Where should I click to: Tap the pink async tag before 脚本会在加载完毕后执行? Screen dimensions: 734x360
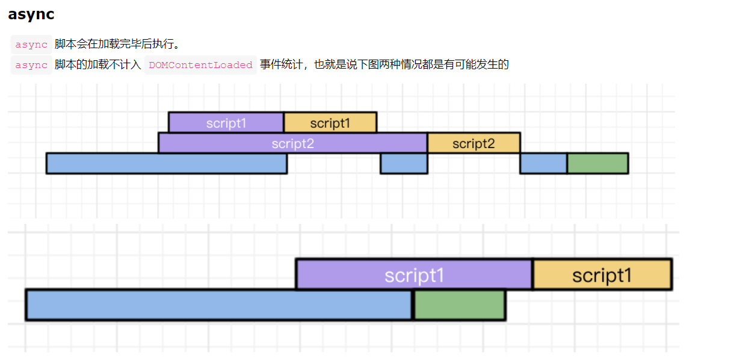31,45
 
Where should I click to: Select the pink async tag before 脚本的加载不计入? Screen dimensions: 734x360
31,65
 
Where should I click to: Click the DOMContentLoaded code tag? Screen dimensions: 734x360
200,65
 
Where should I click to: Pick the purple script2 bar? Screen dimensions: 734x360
293,143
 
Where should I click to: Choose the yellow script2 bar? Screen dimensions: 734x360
474,143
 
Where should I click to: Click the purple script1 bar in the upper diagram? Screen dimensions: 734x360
226,123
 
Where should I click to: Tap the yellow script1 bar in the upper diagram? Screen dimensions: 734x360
330,123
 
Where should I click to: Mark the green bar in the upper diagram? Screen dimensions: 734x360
598,163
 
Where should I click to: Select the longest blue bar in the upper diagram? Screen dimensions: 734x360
167,163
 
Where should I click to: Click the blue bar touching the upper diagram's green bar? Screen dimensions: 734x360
544,163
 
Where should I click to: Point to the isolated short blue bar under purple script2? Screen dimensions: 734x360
404,163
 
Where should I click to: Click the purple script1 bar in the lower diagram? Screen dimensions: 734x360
414,275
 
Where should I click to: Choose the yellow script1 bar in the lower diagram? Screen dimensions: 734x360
603,275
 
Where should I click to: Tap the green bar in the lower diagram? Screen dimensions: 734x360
460,305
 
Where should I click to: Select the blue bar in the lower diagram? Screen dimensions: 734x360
219,305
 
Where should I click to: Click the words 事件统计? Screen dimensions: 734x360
281,64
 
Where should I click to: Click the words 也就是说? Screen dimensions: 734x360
335,64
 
